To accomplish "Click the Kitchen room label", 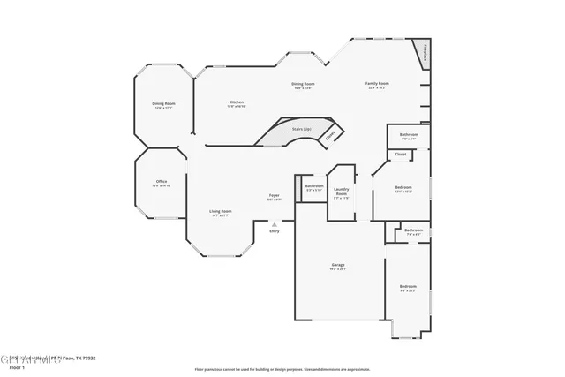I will point(236,102).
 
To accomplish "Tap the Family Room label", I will point(377,84).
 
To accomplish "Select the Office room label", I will point(162,182).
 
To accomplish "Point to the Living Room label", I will point(220,211).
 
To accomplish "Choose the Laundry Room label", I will point(341,192).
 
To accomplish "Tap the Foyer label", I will point(275,195).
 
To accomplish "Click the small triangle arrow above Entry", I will point(274,225).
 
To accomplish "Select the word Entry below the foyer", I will point(274,231).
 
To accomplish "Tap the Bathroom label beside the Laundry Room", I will point(313,186).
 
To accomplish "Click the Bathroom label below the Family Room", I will point(409,135).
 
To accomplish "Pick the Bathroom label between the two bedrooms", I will point(413,230).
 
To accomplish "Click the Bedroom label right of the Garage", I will point(407,286).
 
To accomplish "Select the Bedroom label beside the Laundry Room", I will point(403,188).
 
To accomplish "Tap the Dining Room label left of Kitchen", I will point(164,104).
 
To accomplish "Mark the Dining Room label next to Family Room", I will point(304,84).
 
